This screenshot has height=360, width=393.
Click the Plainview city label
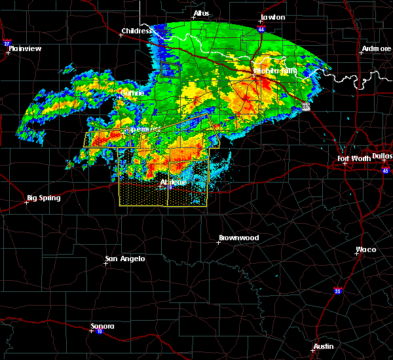click(x=25, y=48)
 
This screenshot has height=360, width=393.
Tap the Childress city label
click(x=136, y=31)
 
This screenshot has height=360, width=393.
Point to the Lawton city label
click(x=272, y=17)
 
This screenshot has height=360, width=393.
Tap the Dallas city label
click(x=382, y=156)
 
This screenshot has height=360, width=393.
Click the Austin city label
click(x=323, y=346)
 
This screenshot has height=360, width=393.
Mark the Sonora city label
click(x=102, y=326)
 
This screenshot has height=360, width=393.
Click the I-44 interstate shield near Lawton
click(x=262, y=29)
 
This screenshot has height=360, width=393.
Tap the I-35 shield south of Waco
click(x=337, y=291)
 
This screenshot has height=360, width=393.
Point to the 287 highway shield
click(x=306, y=107)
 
